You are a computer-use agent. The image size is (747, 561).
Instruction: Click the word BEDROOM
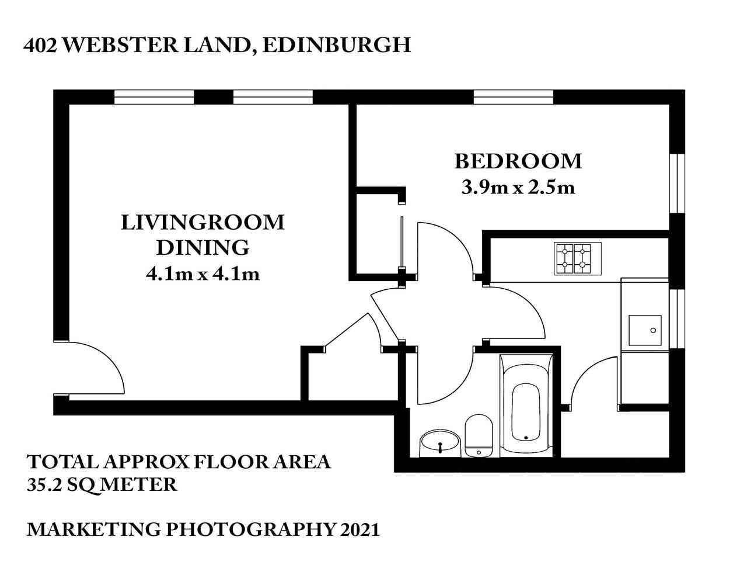pyautogui.click(x=518, y=161)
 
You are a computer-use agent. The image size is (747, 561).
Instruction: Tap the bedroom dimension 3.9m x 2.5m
pyautogui.click(x=518, y=188)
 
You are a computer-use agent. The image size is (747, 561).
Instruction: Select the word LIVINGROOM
pyautogui.click(x=203, y=223)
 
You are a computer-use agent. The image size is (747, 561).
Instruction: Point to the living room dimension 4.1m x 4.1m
pyautogui.click(x=203, y=273)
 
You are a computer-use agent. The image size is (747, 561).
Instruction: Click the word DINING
pyautogui.click(x=203, y=248)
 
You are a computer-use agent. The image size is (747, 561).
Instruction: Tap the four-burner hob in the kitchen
pyautogui.click(x=574, y=259)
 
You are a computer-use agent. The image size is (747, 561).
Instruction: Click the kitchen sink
pyautogui.click(x=645, y=331)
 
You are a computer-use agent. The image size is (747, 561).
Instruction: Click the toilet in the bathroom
pyautogui.click(x=479, y=435)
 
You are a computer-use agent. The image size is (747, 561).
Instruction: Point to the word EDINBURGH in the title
pyautogui.click(x=337, y=46)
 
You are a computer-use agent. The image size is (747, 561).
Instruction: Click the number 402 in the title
pyautogui.click(x=40, y=46)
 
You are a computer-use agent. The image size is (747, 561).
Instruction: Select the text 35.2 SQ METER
pyautogui.click(x=102, y=484)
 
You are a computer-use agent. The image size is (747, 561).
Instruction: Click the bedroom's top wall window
pyautogui.click(x=513, y=97)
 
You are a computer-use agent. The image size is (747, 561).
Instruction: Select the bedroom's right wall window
pyautogui.click(x=676, y=184)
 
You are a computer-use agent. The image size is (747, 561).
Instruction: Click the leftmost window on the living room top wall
pyautogui.click(x=154, y=97)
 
